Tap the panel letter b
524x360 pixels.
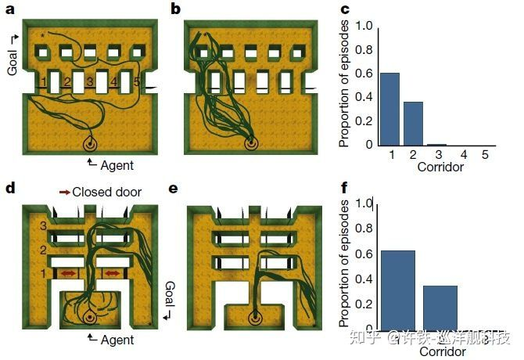point(176,9)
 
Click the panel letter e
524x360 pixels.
point(174,190)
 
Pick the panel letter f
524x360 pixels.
point(345,189)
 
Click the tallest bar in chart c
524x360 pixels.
point(390,109)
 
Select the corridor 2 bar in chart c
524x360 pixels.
point(413,124)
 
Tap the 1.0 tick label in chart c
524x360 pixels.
point(363,26)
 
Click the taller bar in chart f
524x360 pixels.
point(397,289)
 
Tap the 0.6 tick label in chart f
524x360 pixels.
point(363,254)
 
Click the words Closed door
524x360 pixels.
point(106,191)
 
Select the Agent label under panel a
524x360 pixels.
point(116,165)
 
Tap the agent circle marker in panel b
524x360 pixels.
point(250,144)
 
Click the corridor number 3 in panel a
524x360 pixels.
point(91,82)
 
